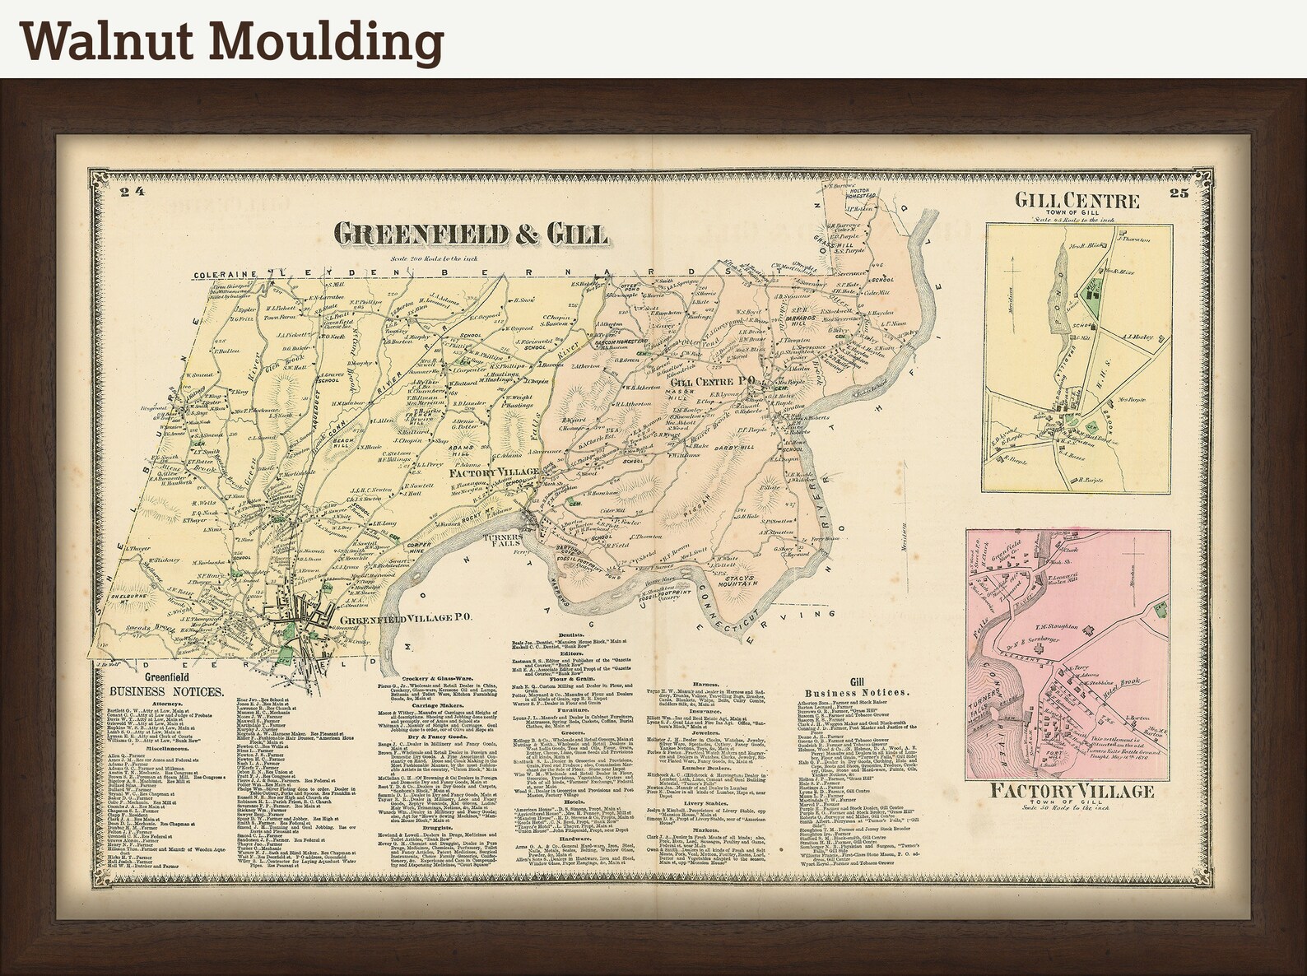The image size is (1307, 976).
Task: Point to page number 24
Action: [x=131, y=193]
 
